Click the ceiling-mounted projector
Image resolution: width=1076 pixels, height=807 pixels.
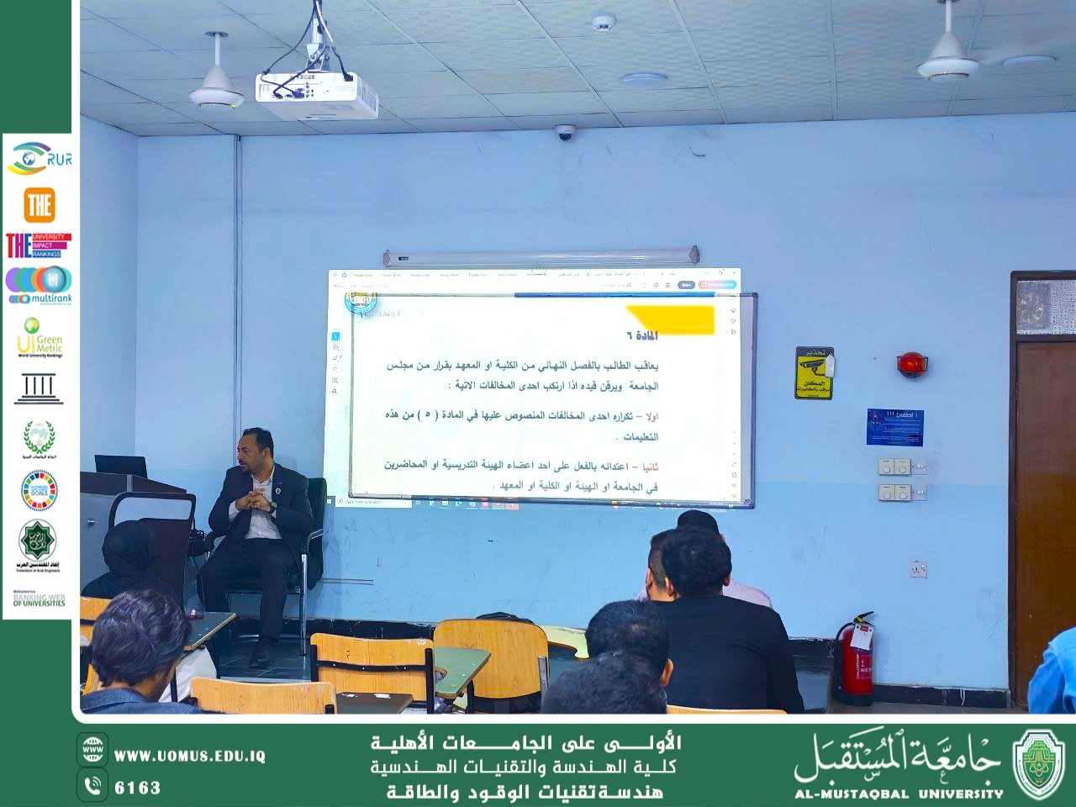click(316, 95)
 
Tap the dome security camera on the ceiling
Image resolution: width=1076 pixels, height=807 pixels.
click(565, 133)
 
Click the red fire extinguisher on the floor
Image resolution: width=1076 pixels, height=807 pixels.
click(856, 660)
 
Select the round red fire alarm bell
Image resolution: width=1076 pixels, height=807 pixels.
click(911, 364)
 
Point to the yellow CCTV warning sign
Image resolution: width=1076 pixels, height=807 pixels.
click(814, 372)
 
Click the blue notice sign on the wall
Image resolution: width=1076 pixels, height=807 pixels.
click(894, 427)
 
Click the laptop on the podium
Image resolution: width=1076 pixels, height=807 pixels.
click(120, 465)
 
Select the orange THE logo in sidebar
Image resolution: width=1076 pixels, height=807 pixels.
click(40, 204)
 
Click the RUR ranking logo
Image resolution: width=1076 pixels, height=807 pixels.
click(39, 158)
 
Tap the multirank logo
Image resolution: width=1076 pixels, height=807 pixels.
click(39, 285)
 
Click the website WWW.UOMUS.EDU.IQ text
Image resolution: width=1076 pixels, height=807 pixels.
click(189, 756)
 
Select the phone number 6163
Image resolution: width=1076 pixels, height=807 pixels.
click(137, 788)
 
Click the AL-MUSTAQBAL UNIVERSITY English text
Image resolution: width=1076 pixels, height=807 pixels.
click(899, 794)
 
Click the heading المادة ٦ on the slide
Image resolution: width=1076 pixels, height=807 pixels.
click(641, 335)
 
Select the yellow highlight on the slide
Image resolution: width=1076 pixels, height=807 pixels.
click(672, 318)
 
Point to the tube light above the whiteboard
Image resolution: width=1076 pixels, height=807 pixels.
click(541, 256)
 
